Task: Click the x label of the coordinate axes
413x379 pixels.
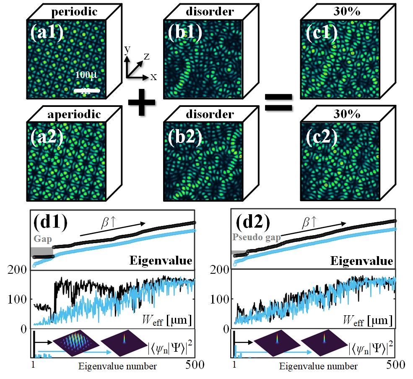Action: click(153, 77)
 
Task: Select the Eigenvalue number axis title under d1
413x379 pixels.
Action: click(118, 366)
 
